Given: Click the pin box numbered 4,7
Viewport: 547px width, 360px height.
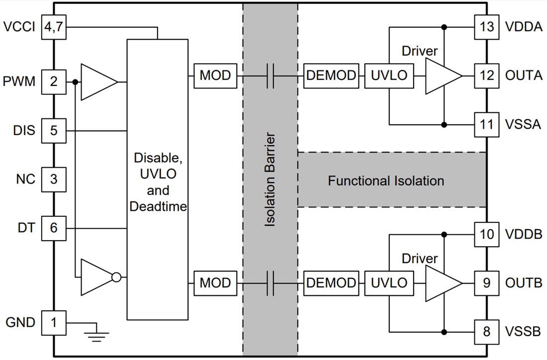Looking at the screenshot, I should pos(54,27).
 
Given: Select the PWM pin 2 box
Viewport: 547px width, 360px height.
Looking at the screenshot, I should pos(54,82).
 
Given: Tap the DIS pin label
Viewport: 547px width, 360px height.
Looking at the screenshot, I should pos(24,131).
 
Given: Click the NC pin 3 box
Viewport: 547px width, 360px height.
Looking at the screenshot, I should pos(54,179).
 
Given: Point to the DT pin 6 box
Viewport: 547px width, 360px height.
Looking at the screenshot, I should pos(54,228).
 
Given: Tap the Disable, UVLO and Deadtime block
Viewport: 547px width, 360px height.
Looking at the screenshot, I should pos(158,179).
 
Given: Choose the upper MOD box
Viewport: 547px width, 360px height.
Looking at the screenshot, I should pos(215,76).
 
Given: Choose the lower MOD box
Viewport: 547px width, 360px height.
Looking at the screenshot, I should pos(215,283).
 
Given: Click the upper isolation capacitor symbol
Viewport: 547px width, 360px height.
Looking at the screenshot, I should pos(270,76).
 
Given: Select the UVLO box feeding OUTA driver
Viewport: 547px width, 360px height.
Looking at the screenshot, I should pos(389,76).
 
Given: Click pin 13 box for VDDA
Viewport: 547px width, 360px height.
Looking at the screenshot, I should pos(486,27).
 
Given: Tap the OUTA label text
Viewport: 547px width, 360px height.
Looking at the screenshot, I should pos(524,76).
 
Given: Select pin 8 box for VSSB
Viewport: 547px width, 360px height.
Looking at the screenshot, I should pos(486,331).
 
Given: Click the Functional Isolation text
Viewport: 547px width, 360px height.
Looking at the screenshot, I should pos(386,180).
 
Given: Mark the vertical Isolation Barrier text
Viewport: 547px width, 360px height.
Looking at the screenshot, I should pos(270,180).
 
